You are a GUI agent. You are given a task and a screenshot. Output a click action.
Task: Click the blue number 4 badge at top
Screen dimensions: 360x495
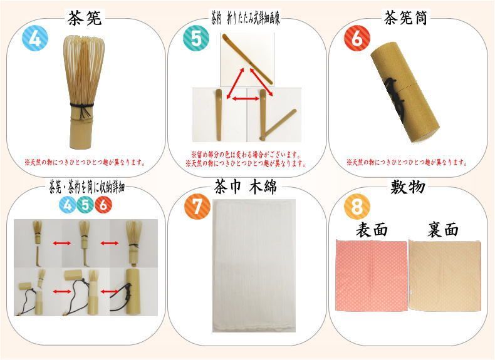pos(34,39)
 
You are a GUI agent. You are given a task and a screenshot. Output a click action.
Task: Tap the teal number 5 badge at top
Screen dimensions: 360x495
pos(195,39)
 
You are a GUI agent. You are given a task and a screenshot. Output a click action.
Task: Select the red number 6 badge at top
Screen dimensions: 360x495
pos(357,39)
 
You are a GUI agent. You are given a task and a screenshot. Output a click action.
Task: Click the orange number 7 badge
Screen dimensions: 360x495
pos(197,207)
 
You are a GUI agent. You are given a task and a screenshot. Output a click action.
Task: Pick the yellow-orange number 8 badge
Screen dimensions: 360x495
pos(357,207)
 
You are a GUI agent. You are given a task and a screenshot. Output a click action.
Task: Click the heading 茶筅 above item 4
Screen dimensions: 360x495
pos(85,18)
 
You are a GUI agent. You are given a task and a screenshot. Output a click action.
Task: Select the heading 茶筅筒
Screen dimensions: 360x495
pos(410,18)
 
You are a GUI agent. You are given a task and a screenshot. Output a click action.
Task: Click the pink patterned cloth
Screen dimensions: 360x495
pos(372,275)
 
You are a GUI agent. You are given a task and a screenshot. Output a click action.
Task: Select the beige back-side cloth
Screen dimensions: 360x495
pos(445,275)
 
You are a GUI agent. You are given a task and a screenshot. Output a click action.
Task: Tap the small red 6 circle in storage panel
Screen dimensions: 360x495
pos(103,204)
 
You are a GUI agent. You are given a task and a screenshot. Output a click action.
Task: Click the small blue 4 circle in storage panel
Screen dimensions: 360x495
pos(68,204)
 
